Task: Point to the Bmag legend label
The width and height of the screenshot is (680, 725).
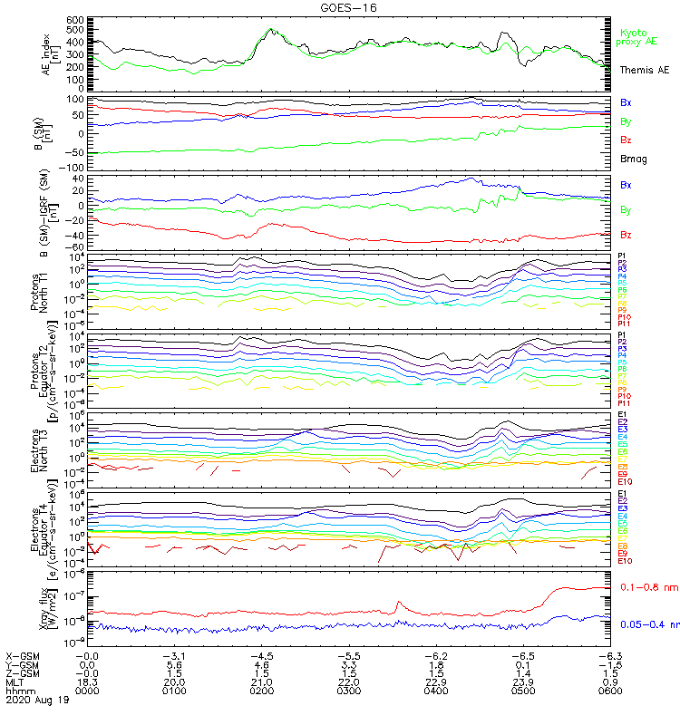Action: click(631, 159)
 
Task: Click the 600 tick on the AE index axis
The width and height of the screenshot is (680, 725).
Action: click(74, 19)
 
